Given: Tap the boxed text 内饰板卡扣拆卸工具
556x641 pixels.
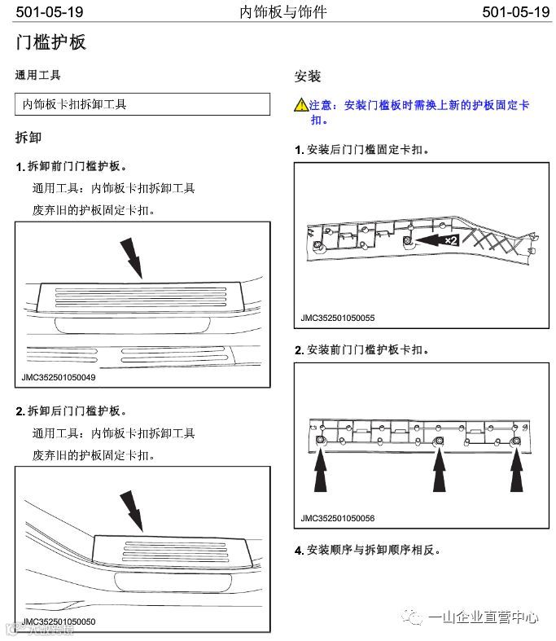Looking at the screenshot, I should (x=75, y=104).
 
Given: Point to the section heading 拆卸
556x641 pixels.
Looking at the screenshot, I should (x=28, y=137).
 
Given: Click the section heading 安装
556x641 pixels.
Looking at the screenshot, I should (x=307, y=77).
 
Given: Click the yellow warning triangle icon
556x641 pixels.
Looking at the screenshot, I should (x=300, y=105).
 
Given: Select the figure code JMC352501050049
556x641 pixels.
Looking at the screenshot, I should (x=59, y=378).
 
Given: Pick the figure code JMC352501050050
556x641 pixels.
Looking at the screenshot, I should (x=59, y=622).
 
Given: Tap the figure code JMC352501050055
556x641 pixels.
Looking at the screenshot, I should (x=337, y=318).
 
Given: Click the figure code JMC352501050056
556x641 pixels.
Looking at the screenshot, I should (x=337, y=518).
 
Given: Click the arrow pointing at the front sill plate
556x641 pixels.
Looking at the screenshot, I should (x=130, y=257).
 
